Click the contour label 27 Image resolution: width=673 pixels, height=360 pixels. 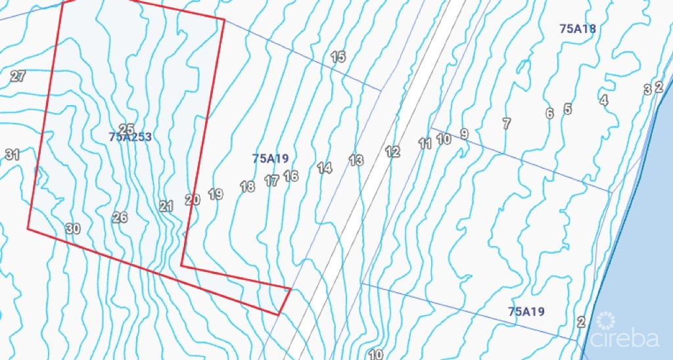click(18, 76)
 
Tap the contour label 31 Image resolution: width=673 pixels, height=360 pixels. click(12, 155)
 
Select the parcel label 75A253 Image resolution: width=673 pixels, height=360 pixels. click(130, 137)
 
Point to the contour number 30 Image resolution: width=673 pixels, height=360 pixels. click(73, 229)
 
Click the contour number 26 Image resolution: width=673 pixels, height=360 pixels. click(120, 217)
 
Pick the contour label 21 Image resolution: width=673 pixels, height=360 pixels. click(166, 206)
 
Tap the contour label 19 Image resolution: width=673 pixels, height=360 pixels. click(216, 194)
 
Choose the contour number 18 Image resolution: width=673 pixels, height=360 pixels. click(247, 187)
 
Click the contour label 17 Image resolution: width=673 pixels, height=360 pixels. click(271, 181)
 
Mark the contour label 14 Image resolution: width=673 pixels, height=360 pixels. click(325, 168)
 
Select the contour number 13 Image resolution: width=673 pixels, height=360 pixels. click(356, 160)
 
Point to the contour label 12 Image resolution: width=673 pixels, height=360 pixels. click(392, 152)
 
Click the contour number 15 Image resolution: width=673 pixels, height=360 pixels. click(338, 57)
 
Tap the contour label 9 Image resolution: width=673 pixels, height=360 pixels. click(464, 134)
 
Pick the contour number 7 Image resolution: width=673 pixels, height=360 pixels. click(506, 124)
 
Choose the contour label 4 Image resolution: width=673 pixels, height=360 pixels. click(603, 101)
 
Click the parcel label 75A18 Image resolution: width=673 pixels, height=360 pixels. click(578, 29)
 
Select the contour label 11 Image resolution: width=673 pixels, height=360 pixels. click(425, 143)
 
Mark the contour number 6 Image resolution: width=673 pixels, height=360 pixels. click(549, 114)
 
